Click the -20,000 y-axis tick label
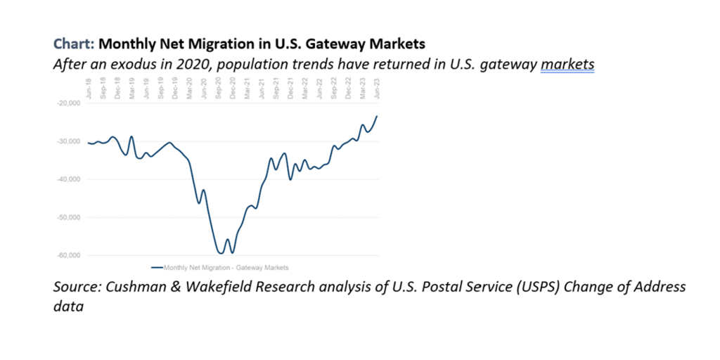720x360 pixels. click(x=70, y=103)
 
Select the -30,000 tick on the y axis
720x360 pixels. click(x=70, y=141)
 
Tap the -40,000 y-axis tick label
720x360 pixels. click(x=70, y=179)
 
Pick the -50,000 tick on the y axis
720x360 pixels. click(x=70, y=217)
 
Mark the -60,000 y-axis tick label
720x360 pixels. click(x=70, y=255)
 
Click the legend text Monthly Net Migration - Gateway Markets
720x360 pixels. click(x=226, y=267)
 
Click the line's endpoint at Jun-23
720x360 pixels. click(x=378, y=116)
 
